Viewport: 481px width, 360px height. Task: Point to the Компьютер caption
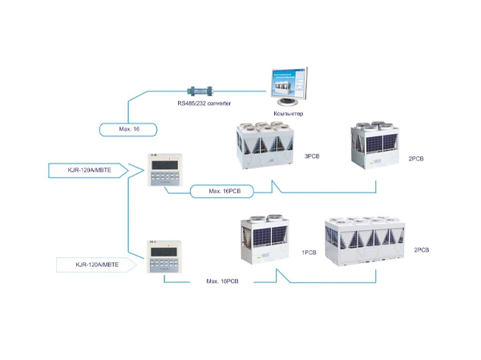click(288, 115)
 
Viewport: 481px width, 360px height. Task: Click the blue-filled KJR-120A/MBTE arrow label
click(87, 170)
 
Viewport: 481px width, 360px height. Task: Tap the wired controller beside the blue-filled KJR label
click(166, 169)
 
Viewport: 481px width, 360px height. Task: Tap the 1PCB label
click(310, 253)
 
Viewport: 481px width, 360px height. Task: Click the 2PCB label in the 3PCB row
click(414, 159)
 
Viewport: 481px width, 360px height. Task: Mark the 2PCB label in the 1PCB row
click(422, 250)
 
